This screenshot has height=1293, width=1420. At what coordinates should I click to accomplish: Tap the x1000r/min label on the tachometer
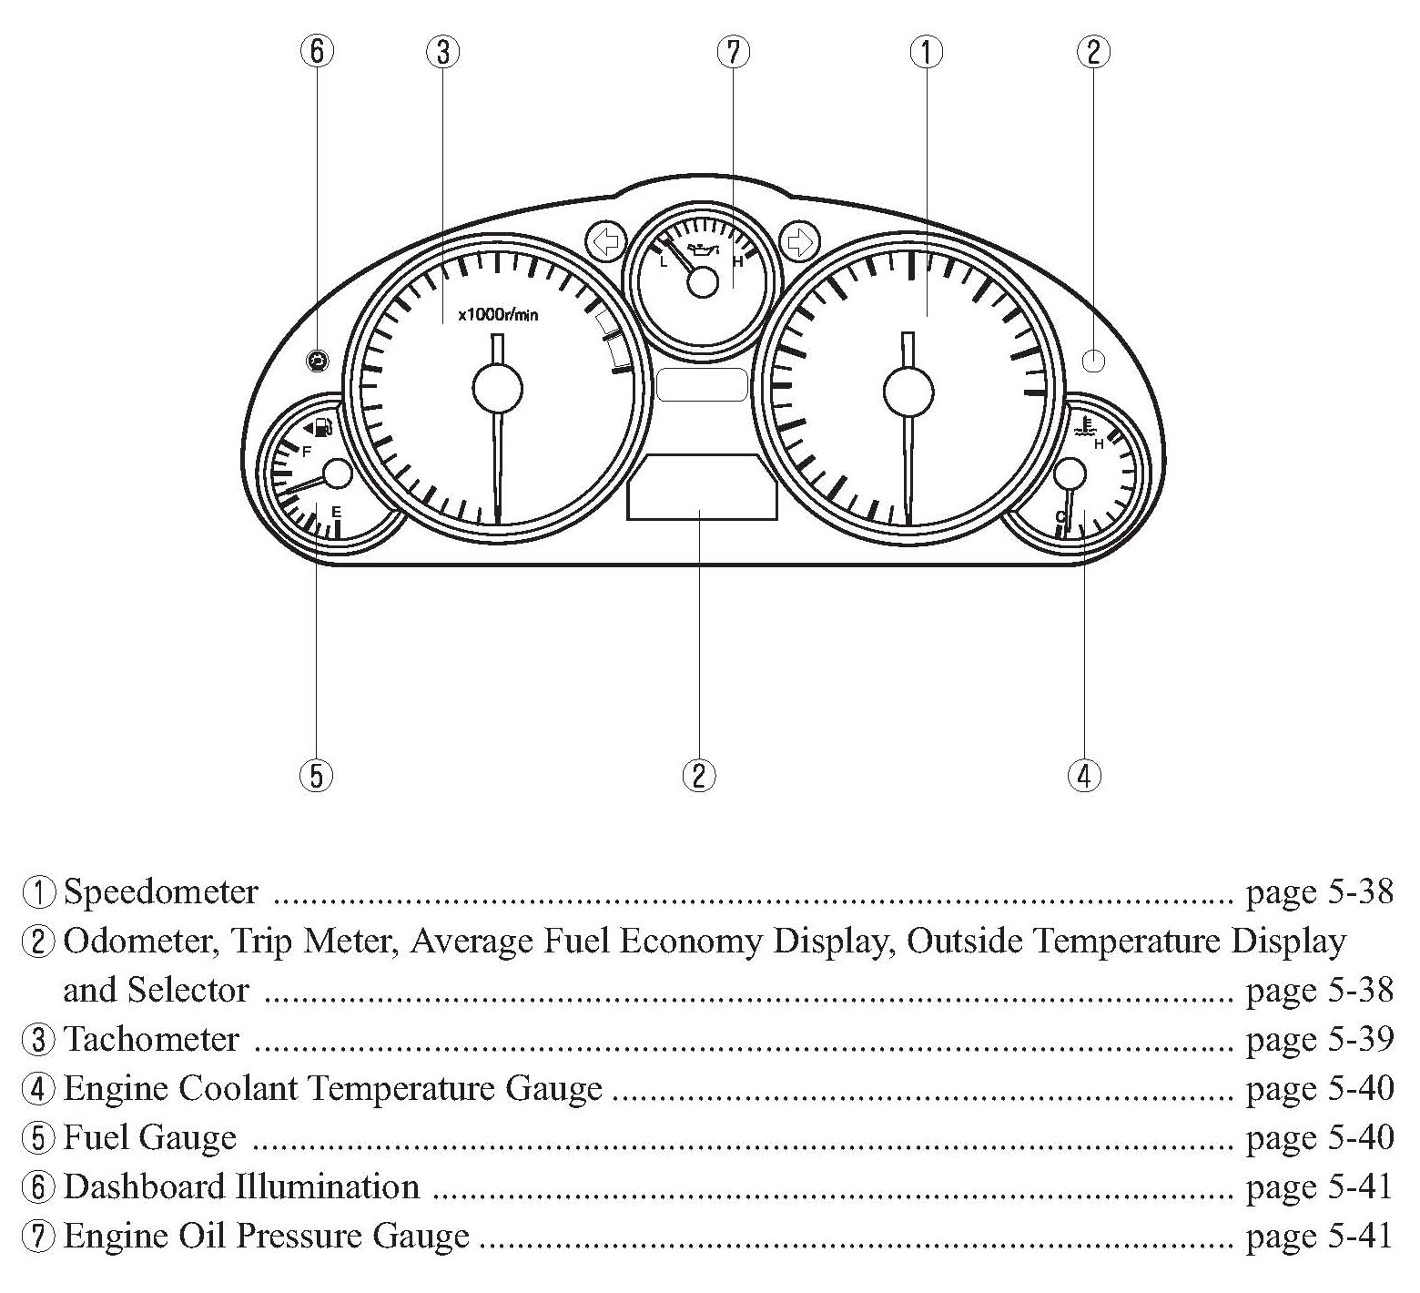click(x=498, y=315)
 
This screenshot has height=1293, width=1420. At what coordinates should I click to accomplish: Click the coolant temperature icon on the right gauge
click(x=1084, y=426)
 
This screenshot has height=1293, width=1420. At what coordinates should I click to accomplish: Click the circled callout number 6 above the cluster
click(x=316, y=51)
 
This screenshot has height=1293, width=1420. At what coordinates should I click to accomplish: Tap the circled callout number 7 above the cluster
click(x=733, y=51)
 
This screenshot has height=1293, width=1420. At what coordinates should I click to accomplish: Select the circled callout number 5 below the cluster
click(x=316, y=775)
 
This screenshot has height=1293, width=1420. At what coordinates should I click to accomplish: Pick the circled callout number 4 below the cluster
click(x=1083, y=775)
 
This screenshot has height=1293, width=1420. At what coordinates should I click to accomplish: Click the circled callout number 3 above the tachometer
click(x=442, y=51)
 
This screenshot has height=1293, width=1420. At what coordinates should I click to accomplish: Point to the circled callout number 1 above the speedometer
click(x=927, y=51)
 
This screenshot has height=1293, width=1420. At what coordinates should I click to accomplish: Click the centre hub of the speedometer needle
click(x=908, y=391)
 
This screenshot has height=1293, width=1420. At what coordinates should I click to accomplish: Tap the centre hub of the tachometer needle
click(x=497, y=390)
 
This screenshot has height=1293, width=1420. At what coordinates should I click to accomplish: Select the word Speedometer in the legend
click(x=161, y=891)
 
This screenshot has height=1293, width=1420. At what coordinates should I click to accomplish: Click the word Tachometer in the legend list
click(x=152, y=1038)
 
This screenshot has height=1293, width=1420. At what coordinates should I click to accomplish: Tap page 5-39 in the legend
click(x=1319, y=1038)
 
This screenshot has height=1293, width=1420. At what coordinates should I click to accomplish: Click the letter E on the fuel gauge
click(x=336, y=512)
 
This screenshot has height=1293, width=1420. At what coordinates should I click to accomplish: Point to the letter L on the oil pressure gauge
click(x=664, y=261)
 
